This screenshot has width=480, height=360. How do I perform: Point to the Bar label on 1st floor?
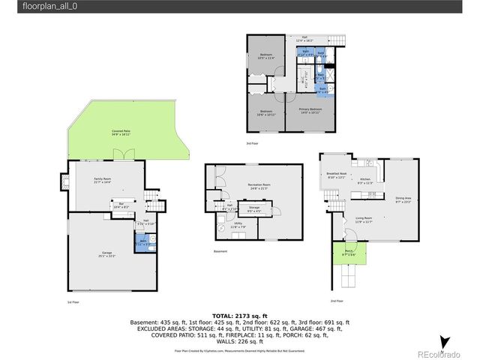[x=121, y=204]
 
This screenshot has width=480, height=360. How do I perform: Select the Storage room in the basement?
[x=254, y=209]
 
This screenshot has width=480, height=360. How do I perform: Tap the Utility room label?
[x=238, y=224]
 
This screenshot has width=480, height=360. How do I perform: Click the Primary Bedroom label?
[x=310, y=111]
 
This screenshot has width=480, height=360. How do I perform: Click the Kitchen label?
[x=365, y=180]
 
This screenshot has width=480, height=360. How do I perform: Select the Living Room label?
[x=364, y=219]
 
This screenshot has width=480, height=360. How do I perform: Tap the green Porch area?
[x=349, y=254]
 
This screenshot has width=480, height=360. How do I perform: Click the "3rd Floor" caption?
[x=253, y=143]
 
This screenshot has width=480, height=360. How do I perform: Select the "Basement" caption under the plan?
[x=220, y=251]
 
